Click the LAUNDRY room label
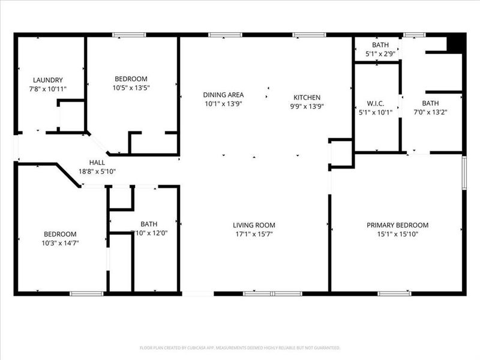point(48,80)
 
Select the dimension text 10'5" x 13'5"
point(131,88)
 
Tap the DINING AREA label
point(223,95)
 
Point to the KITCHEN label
point(307,98)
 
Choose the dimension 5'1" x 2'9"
point(380,54)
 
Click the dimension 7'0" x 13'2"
point(430,112)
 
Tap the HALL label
point(97,163)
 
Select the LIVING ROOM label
point(254,226)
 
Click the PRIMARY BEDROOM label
point(398,226)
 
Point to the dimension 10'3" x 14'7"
point(59,243)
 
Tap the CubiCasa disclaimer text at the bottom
point(240,347)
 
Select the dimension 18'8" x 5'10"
point(97,172)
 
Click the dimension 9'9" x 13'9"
point(307,106)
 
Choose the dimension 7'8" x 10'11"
point(48,89)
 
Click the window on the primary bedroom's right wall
point(464,172)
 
